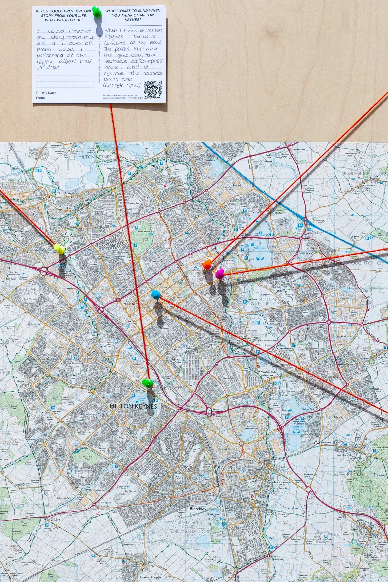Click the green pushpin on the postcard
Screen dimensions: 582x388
coord(96,11)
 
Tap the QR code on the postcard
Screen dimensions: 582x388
coord(153,89)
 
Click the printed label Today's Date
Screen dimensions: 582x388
coord(46,93)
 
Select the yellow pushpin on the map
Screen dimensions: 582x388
coord(59,248)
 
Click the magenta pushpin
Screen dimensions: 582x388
coord(219,273)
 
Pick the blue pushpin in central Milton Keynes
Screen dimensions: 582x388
coord(156,294)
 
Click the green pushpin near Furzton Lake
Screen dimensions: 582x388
coord(147,383)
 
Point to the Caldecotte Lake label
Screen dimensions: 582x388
coord(295,427)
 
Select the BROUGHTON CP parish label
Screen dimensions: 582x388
coord(366,263)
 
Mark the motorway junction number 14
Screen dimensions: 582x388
coord(301,225)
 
